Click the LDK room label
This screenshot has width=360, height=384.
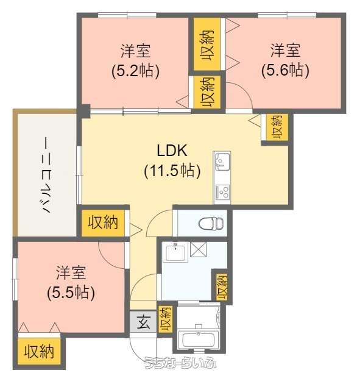(172, 151)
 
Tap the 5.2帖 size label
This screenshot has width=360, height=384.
(135, 71)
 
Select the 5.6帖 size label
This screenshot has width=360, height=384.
(285, 71)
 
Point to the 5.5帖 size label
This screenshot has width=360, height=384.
(71, 293)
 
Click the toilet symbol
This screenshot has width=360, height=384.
(211, 223)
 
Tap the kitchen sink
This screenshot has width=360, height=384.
(222, 162)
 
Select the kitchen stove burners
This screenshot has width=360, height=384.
(222, 192)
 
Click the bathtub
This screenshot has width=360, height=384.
(198, 340)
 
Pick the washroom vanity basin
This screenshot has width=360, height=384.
(175, 252)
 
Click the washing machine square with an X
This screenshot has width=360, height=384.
(198, 249)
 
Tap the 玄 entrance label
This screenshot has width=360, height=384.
(143, 322)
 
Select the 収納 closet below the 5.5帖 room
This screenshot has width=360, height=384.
(39, 352)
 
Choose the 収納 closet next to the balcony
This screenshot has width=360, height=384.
(103, 222)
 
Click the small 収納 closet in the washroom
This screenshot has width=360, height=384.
(222, 287)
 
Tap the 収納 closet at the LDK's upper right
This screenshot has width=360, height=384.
(277, 127)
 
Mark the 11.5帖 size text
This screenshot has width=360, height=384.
(172, 171)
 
